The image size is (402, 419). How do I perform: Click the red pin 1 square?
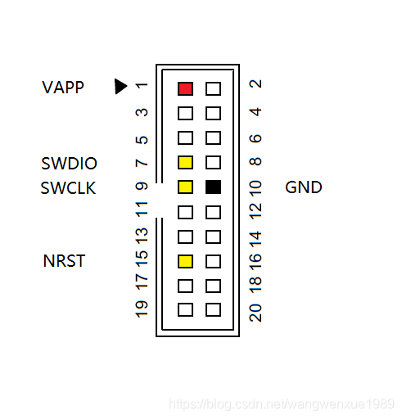pos(185,88)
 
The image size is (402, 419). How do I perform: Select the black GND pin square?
pos(213,187)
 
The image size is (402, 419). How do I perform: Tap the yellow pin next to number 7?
pos(185,162)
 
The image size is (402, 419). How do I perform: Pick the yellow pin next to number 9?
pos(185,187)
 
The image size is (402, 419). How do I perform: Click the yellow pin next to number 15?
pos(185,261)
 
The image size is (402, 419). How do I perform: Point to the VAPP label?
pos(63,88)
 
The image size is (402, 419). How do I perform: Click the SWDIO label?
pos(69,164)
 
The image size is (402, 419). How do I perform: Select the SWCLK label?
pos(68,188)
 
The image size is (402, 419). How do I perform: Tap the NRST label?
pos(64,261)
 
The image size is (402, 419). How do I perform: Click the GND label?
pos(304,187)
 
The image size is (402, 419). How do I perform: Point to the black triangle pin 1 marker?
pos(121,87)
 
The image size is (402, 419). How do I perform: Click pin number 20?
pos(255,313)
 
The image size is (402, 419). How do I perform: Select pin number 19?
pos(142,309)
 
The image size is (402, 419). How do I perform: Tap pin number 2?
pos(255,84)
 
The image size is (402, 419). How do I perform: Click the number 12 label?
pos(255,211)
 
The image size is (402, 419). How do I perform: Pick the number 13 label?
pos(142,236)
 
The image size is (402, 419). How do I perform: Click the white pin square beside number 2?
pos(213,88)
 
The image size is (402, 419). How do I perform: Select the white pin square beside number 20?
pos(213,309)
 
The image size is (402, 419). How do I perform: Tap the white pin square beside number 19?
pos(185,309)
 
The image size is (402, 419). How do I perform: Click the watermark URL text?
pos(282,404)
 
